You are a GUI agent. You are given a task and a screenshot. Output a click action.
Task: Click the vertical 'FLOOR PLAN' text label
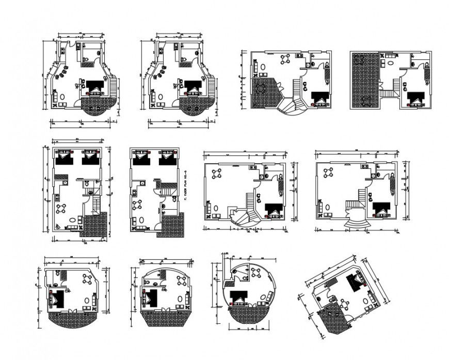[x=184, y=179]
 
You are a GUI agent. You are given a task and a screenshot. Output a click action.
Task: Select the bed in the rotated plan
[x=355, y=282]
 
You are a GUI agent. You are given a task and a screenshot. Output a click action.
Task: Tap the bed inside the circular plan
[x=238, y=298]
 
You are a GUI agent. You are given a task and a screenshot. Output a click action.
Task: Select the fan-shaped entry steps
[x=357, y=223]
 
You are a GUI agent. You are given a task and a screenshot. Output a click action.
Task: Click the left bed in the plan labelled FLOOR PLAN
[x=140, y=158]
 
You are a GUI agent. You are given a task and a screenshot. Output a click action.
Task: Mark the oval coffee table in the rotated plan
[x=366, y=300]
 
